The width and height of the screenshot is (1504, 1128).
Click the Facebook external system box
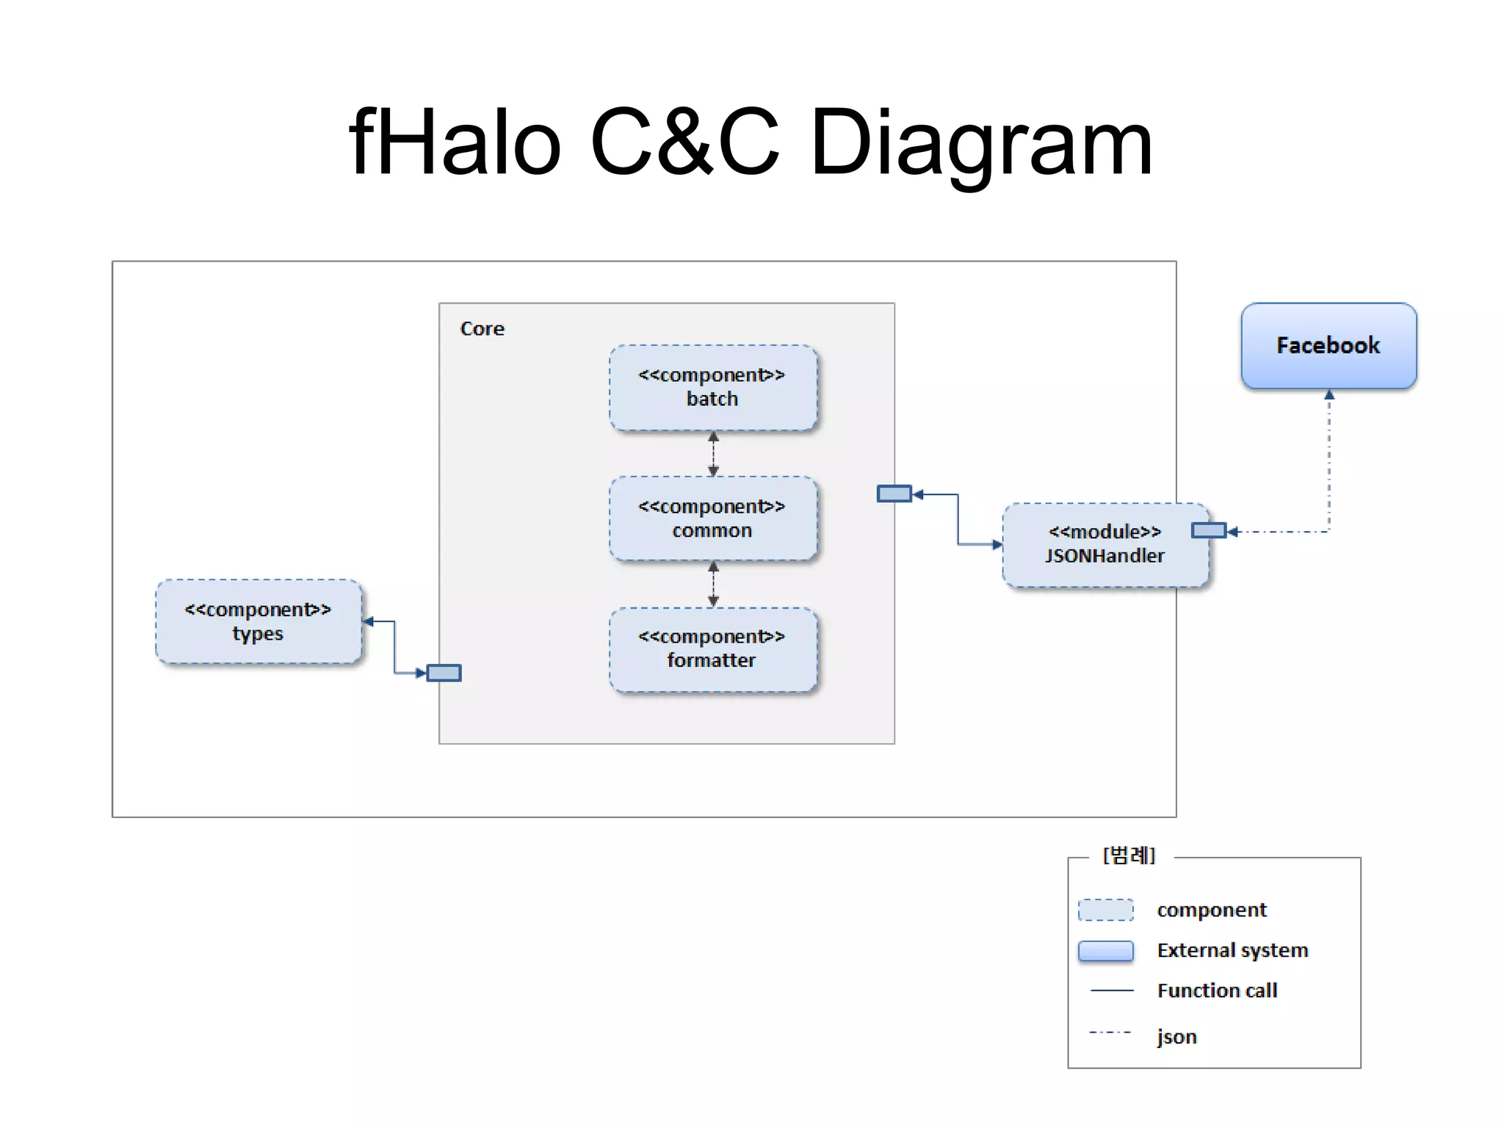coord(1328,345)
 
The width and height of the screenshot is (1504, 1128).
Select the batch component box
coord(712,387)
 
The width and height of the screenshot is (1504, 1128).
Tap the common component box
coord(712,518)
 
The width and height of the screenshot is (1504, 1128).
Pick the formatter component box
coord(712,649)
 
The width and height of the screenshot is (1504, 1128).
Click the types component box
coord(258,621)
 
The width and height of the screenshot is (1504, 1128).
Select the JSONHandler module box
coord(1104,544)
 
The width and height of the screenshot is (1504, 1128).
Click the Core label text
coord(482,328)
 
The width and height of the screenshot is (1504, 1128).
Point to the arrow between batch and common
coord(713,453)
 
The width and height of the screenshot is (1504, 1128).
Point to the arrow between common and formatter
coord(713,584)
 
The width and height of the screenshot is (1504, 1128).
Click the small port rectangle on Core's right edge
coord(894,493)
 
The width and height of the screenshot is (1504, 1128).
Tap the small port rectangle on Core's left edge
coord(444,673)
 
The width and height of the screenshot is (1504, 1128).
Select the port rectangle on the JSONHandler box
coord(1208,530)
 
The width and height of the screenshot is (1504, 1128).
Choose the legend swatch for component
coord(1105,910)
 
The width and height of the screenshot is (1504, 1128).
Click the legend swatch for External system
coord(1105,951)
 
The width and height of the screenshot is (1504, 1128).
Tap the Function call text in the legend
coord(1217,991)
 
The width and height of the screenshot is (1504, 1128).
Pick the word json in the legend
coord(1176,1036)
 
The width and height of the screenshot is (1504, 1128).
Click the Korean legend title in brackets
coord(1129,856)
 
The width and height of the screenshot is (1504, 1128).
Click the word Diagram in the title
coord(981,142)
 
